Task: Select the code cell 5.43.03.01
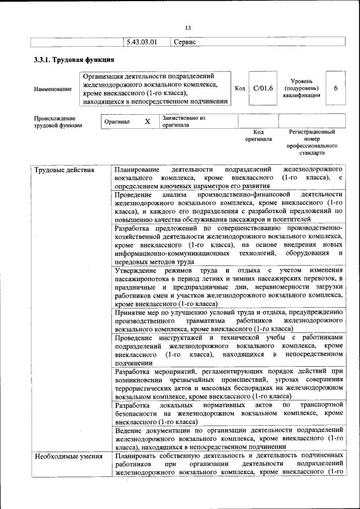pos(141,42)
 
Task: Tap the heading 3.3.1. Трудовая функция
pos(74,60)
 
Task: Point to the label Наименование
pos(53,89)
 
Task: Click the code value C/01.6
pos(263,88)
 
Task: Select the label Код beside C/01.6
pos(240,88)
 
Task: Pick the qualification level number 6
pos(336,88)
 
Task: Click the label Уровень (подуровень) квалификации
pos(302,88)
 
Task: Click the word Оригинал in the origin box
pos(117,121)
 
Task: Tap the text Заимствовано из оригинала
pos(184,121)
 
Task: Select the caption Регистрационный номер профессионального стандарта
pos(312,142)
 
